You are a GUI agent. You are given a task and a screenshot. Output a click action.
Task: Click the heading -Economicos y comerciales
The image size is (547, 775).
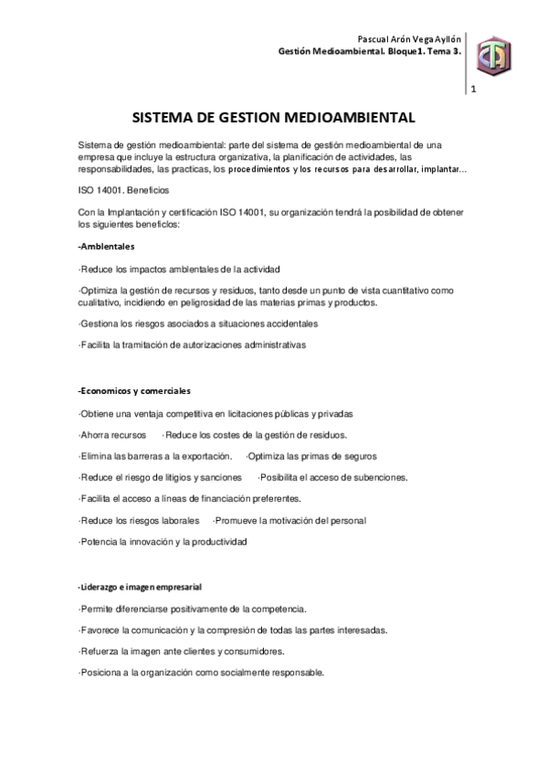tap(134, 392)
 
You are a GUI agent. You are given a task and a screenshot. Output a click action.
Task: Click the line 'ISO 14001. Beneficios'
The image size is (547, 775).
tap(118, 194)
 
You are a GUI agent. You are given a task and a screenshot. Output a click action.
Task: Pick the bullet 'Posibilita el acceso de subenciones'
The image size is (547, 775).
tap(333, 477)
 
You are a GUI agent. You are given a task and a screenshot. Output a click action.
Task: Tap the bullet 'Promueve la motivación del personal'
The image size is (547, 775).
tap(289, 520)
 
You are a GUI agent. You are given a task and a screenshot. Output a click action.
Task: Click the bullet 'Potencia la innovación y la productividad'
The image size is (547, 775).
tap(163, 541)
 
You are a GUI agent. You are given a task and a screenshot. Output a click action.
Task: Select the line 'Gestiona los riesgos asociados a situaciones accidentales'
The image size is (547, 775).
tap(198, 324)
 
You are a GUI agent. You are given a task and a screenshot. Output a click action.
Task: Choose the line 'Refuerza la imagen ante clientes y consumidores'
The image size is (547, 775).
tap(181, 652)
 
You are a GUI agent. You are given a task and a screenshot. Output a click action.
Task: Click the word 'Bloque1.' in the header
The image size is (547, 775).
tap(399, 52)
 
